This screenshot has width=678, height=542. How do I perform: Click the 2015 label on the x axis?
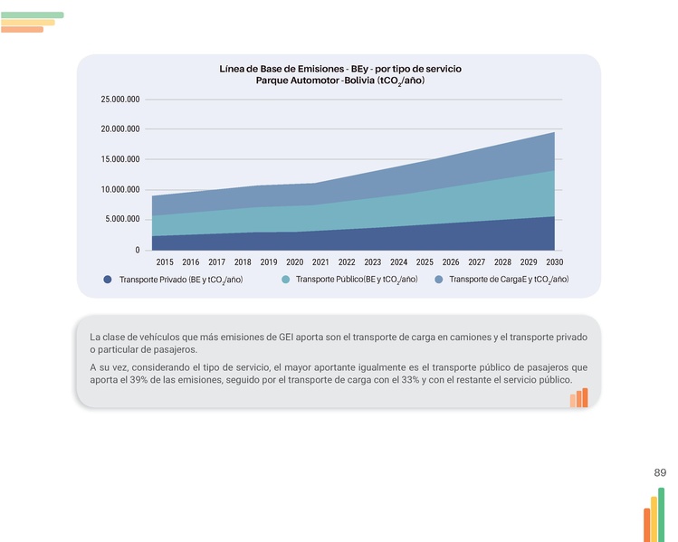click(x=165, y=261)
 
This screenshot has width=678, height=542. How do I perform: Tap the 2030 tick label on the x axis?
click(x=555, y=261)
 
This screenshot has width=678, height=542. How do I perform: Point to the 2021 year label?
click(x=320, y=261)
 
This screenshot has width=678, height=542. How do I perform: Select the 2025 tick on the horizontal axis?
click(x=425, y=261)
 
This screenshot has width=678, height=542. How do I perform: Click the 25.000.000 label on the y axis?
click(x=120, y=99)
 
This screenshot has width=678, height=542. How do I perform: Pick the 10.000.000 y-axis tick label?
click(x=120, y=189)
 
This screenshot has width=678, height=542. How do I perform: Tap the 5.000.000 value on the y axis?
click(x=123, y=219)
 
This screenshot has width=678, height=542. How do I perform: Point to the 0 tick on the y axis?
click(x=138, y=250)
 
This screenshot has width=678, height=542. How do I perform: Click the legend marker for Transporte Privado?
click(x=108, y=280)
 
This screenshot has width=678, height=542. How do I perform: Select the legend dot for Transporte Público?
click(x=285, y=280)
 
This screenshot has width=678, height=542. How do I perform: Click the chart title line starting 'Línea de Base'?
click(x=339, y=69)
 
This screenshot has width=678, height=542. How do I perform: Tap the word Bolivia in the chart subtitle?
click(x=354, y=81)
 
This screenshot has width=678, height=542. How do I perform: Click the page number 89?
click(x=660, y=473)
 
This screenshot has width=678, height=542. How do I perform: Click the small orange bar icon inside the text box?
click(x=579, y=399)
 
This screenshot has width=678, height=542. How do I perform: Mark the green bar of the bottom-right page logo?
click(x=661, y=514)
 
